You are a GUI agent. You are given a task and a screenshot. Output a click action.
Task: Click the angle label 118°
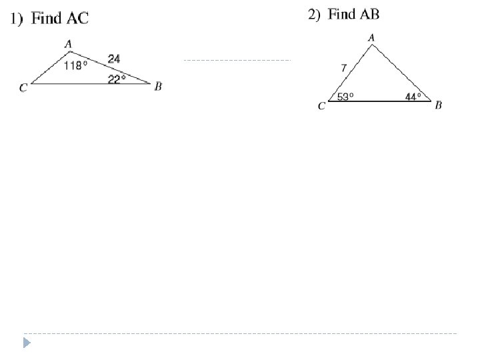point(76,65)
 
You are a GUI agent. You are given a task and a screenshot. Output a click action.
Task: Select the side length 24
point(114,59)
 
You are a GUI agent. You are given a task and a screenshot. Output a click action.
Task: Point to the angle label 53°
point(345,97)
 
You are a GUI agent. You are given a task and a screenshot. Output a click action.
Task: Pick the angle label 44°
point(413,97)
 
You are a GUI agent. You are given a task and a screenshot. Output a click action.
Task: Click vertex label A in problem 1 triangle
point(68,45)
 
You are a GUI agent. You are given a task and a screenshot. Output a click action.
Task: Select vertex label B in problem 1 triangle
point(158,87)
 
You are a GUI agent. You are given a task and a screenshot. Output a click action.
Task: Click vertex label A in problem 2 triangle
point(371,38)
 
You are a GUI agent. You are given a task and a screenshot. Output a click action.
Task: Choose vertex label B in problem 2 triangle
point(439,105)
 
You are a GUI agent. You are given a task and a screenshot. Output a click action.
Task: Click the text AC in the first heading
point(77,19)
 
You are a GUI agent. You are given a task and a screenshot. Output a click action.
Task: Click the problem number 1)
point(15,19)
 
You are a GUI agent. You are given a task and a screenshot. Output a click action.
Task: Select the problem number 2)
point(314,15)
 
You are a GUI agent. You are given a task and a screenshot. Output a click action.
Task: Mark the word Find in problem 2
point(343,15)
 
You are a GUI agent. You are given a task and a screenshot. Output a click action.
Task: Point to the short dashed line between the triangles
point(237,60)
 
